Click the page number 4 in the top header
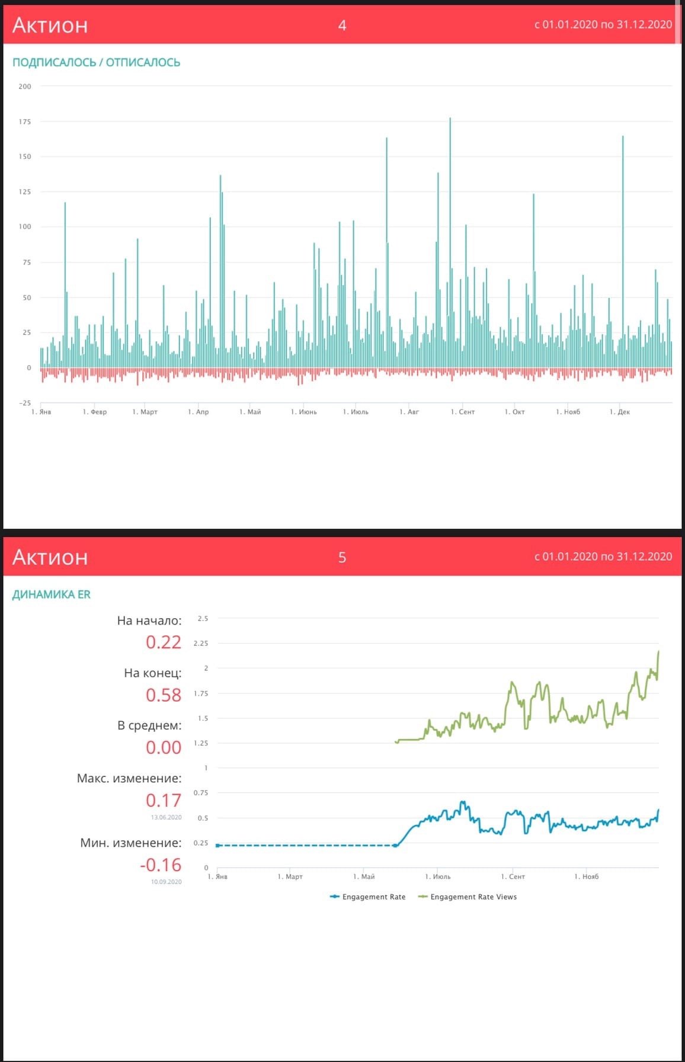342,25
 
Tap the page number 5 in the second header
342,557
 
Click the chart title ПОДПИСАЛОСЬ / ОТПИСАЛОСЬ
96,62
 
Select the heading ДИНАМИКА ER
52,594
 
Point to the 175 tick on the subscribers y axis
25,121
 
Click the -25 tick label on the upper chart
25,403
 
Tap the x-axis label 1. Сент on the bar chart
463,412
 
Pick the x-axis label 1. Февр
95,412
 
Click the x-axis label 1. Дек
620,412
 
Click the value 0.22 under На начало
164,642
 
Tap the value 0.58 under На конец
164,695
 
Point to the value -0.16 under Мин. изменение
161,865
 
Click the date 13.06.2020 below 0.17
167,817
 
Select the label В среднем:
149,725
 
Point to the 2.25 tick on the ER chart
201,643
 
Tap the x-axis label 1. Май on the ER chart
364,877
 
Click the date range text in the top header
603,24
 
